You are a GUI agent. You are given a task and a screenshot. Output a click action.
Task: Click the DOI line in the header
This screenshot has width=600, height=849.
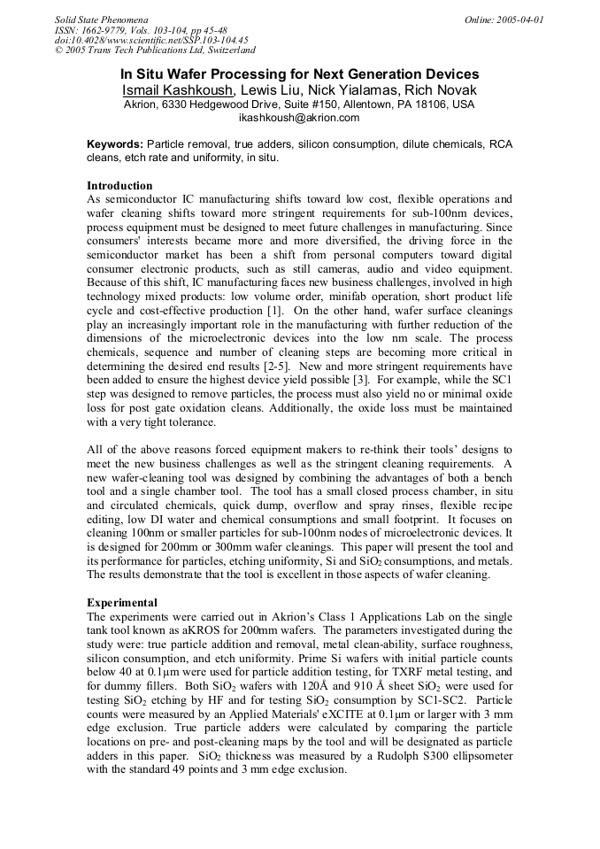pos(151,40)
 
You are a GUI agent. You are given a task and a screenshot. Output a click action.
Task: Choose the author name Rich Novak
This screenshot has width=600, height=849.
pos(441,90)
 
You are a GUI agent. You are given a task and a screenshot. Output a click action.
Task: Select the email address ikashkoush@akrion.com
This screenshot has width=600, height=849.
pos(299,118)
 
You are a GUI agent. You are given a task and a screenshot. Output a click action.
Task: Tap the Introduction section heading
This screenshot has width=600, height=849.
pos(119,186)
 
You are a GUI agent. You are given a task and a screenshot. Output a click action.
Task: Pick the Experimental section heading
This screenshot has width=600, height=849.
pos(122,603)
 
